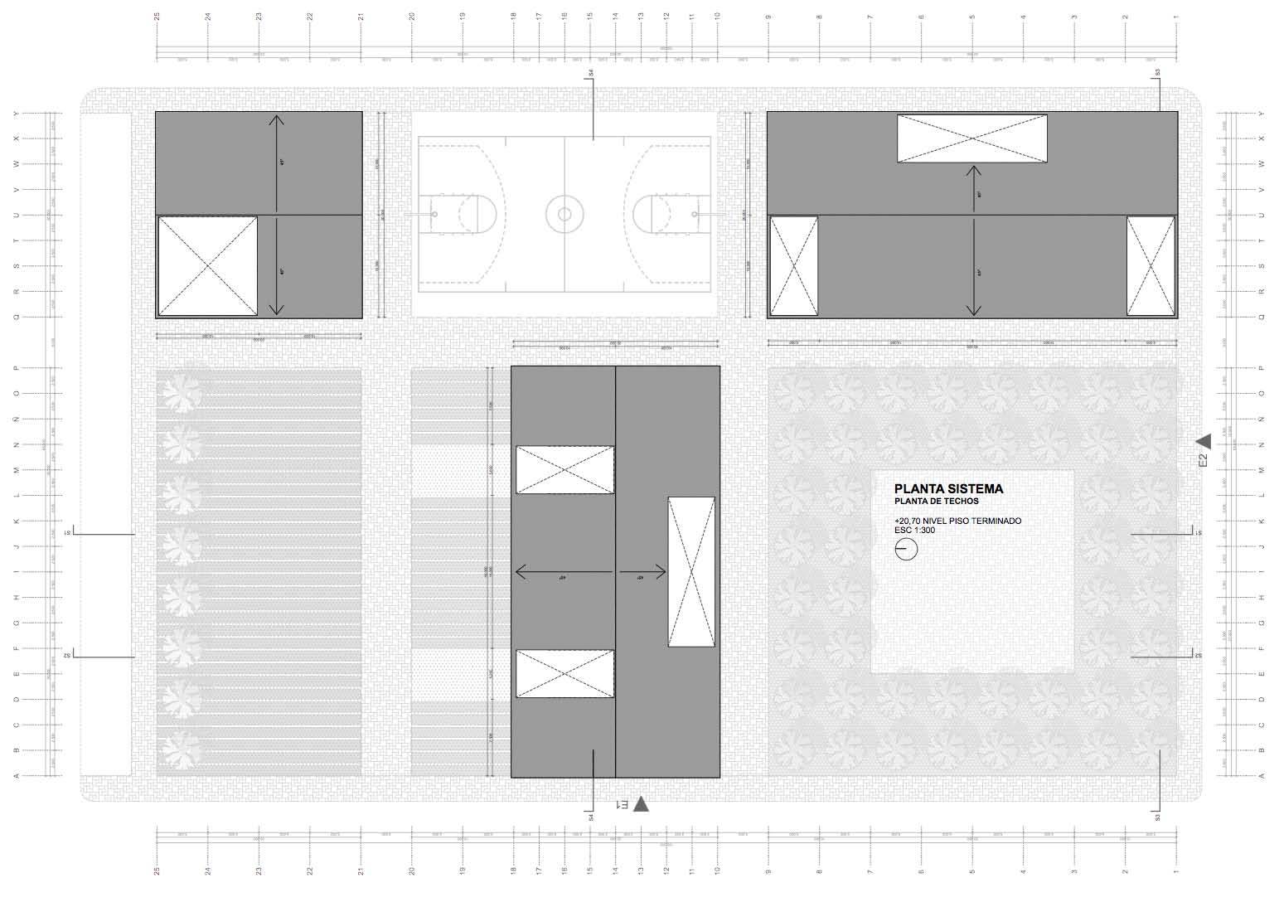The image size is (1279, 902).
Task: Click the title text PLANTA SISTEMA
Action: [x=948, y=489]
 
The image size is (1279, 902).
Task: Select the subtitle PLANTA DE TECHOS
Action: [x=937, y=502]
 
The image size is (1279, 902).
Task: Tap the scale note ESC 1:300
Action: [x=915, y=531]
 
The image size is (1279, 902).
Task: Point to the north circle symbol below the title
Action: [x=906, y=549]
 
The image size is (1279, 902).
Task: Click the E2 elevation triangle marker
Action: [x=1204, y=441]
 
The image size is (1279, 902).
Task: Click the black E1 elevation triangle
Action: [x=641, y=803]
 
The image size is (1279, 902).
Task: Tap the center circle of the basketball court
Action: [x=564, y=214]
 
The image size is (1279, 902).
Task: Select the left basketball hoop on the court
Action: [x=434, y=214]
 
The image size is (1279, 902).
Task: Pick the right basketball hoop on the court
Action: [x=695, y=214]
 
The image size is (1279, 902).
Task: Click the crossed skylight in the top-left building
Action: [x=207, y=266]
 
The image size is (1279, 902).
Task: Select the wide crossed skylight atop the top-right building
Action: [x=971, y=138]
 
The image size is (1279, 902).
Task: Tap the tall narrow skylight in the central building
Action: [x=691, y=571]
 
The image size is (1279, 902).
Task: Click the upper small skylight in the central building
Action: [x=565, y=470]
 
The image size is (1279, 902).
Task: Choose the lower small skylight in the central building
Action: [x=565, y=673]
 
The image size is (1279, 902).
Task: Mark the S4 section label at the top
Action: [x=592, y=74]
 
